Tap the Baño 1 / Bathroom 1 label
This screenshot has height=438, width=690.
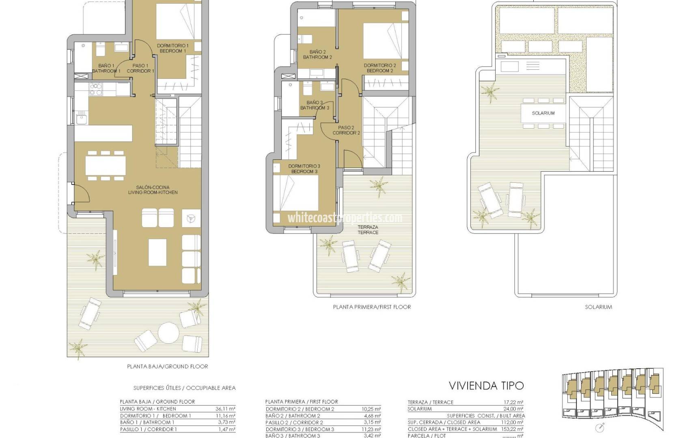[106, 68]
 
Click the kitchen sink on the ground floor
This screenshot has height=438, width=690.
[80, 119]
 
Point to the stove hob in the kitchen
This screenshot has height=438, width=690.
[95, 89]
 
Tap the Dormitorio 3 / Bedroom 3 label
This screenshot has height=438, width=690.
[304, 169]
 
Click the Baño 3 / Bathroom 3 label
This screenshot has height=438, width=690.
[315, 105]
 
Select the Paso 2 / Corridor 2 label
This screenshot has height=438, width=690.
[346, 130]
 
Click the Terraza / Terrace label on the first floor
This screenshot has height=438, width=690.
[368, 230]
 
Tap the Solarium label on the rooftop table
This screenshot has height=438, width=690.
[543, 113]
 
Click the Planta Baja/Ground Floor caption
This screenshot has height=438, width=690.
[167, 366]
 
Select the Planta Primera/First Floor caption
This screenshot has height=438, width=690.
[372, 307]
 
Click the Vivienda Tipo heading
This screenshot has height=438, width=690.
[486, 385]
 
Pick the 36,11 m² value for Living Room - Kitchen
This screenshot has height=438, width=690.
[226, 409]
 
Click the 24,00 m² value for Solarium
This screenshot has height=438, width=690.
[514, 409]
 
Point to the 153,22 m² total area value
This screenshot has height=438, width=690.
[513, 429]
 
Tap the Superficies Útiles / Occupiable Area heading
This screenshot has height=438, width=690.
[184, 388]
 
